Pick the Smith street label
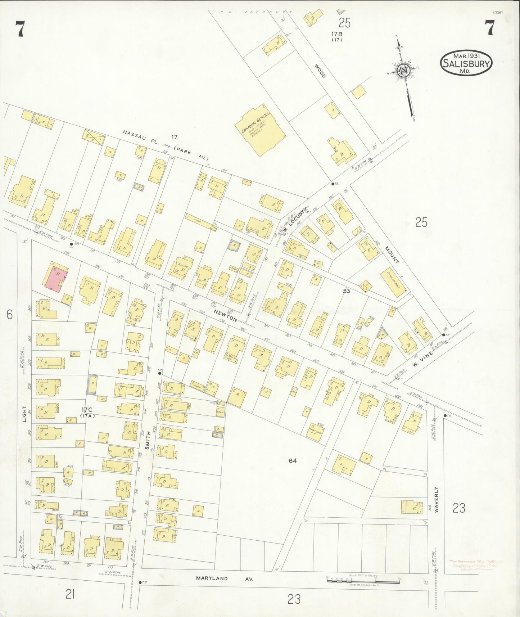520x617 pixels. coord(147,440)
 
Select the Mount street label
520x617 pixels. coord(392,255)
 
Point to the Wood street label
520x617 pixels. coord(320,71)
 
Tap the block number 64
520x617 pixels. coord(293,460)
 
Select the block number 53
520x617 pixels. coord(346,291)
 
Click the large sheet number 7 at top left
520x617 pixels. coord(20,29)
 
